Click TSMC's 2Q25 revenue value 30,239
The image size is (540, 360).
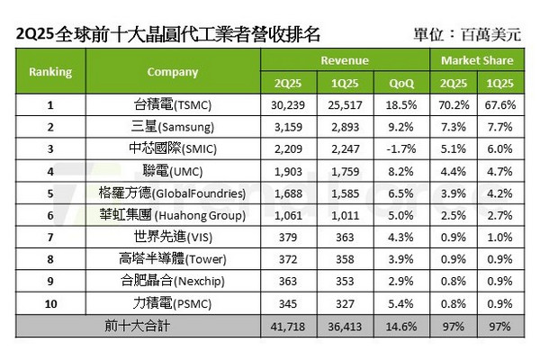[x=283, y=105]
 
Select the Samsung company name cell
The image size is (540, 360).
[x=160, y=127]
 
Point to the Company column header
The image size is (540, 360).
[x=160, y=72]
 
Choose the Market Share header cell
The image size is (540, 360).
[x=477, y=61]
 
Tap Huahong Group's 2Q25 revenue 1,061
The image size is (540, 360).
[x=283, y=214]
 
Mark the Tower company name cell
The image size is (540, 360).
[x=160, y=257]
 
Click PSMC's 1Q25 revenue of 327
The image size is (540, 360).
[x=342, y=301]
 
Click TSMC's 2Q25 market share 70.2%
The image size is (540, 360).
[x=454, y=105]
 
